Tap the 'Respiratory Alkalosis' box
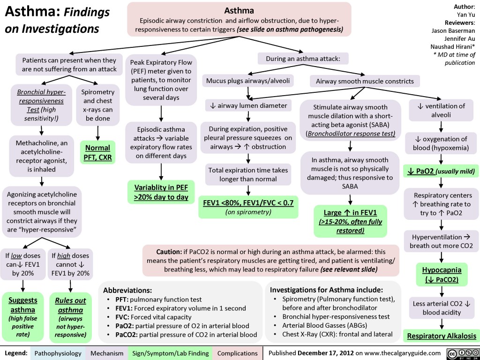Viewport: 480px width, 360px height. coord(441,336)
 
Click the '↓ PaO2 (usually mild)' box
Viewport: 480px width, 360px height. coord(441,171)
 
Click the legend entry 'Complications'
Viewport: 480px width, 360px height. coord(237,352)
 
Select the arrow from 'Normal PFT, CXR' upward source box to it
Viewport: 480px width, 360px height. coord(97,133)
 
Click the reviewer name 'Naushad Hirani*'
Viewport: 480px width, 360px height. coord(452,46)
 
